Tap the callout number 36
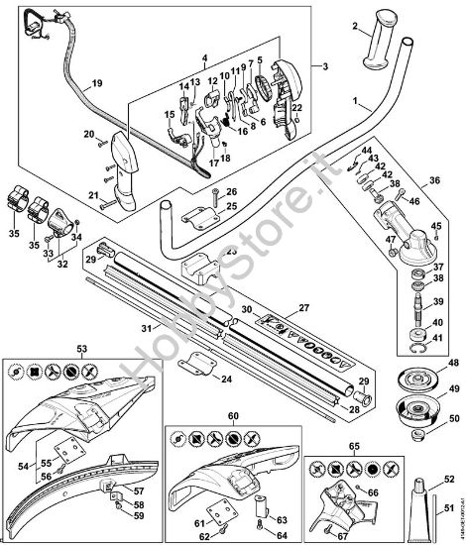(x=433, y=181)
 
